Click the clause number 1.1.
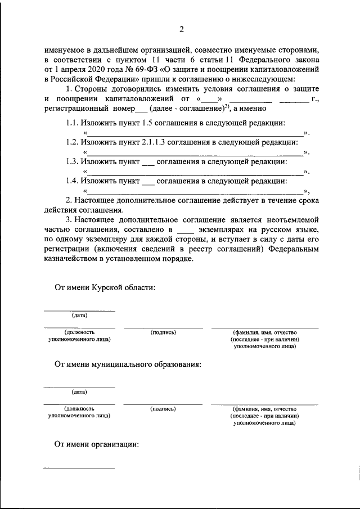pos(71,123)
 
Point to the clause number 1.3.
pos(71,161)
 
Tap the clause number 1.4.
pos(71,181)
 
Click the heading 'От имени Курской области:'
pos(105,287)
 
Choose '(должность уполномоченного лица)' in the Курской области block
pos(79,336)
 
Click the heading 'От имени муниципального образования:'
pos(128,364)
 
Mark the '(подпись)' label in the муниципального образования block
pos(163,409)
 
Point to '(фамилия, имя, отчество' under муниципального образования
pos(264,409)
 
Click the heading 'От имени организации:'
pos(97,444)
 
